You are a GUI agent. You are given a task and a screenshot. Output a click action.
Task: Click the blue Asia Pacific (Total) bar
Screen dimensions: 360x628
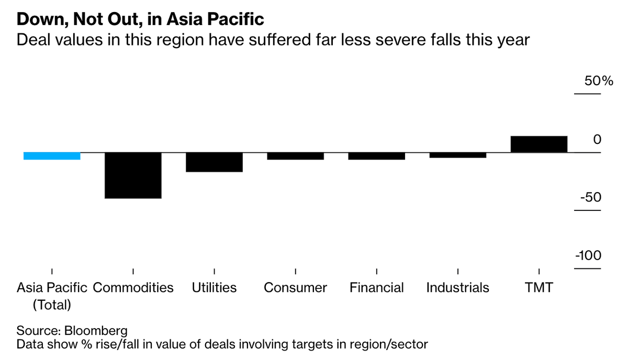pyautogui.click(x=52, y=156)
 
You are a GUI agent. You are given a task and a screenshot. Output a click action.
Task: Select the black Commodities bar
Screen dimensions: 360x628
pyautogui.click(x=133, y=175)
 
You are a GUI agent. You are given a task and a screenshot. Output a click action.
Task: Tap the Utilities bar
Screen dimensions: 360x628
pyautogui.click(x=214, y=162)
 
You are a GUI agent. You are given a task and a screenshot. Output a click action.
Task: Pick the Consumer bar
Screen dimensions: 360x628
pyautogui.click(x=295, y=156)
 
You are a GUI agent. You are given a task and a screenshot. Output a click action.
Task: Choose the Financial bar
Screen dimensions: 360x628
pyautogui.click(x=376, y=156)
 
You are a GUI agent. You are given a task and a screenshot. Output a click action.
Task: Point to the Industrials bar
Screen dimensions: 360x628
pyautogui.click(x=457, y=155)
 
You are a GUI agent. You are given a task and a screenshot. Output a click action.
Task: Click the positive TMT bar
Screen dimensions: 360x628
pyautogui.click(x=539, y=144)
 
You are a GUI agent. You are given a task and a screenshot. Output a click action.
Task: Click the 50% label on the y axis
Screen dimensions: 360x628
pyautogui.click(x=587, y=82)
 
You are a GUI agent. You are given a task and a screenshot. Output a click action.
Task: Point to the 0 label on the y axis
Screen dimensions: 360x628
pyautogui.click(x=597, y=140)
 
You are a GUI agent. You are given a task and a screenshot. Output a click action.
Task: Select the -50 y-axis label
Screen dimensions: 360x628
pyautogui.click(x=589, y=198)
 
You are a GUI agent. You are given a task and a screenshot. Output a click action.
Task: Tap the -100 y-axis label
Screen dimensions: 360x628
pyautogui.click(x=588, y=256)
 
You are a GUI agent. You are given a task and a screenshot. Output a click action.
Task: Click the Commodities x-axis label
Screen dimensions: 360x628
pyautogui.click(x=133, y=288)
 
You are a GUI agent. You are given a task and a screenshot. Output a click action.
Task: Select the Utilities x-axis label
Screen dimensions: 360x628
pyautogui.click(x=214, y=288)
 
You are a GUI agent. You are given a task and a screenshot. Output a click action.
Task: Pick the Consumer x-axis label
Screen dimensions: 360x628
pyautogui.click(x=295, y=288)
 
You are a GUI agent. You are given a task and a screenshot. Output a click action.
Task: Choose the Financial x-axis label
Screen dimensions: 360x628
pyautogui.click(x=376, y=288)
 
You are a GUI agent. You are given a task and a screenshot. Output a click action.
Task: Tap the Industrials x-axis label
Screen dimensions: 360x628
pyautogui.click(x=457, y=288)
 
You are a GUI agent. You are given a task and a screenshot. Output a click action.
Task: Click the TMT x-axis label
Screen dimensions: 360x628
pyautogui.click(x=539, y=288)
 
